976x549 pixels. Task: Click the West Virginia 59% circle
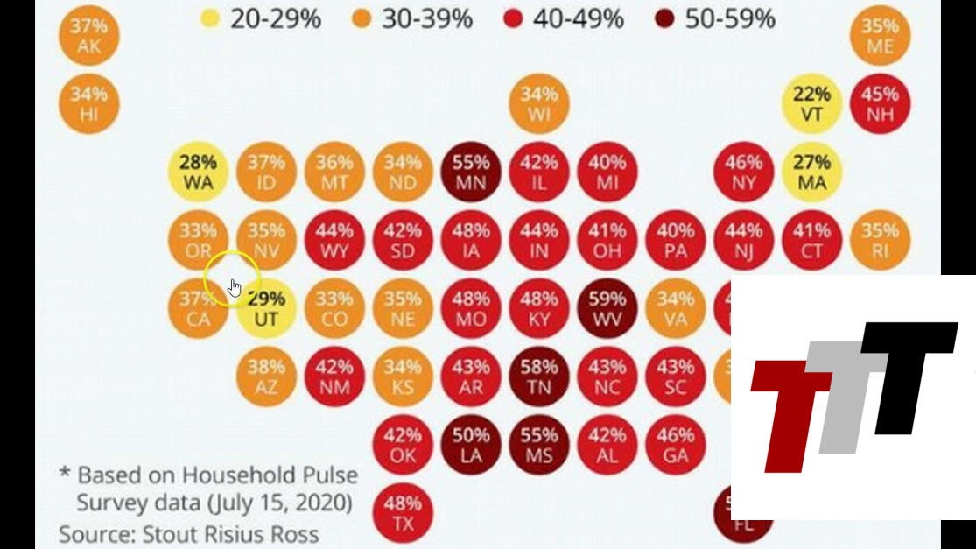[x=607, y=308]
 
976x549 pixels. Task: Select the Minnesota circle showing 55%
[x=471, y=172]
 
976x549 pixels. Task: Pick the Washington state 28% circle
[x=198, y=172]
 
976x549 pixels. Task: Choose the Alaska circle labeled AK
[x=89, y=36]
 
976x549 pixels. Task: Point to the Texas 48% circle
[x=403, y=513]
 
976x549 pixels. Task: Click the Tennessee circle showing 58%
[x=539, y=377]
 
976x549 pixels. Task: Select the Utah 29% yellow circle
[x=266, y=308]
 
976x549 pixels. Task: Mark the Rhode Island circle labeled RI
[x=880, y=240]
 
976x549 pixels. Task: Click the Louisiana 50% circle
[x=471, y=445]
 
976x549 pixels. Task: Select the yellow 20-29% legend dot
[x=210, y=18]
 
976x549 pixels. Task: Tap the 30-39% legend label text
[x=427, y=18]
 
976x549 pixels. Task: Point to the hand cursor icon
[x=234, y=287]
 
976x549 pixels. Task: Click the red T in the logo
[x=786, y=412]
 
